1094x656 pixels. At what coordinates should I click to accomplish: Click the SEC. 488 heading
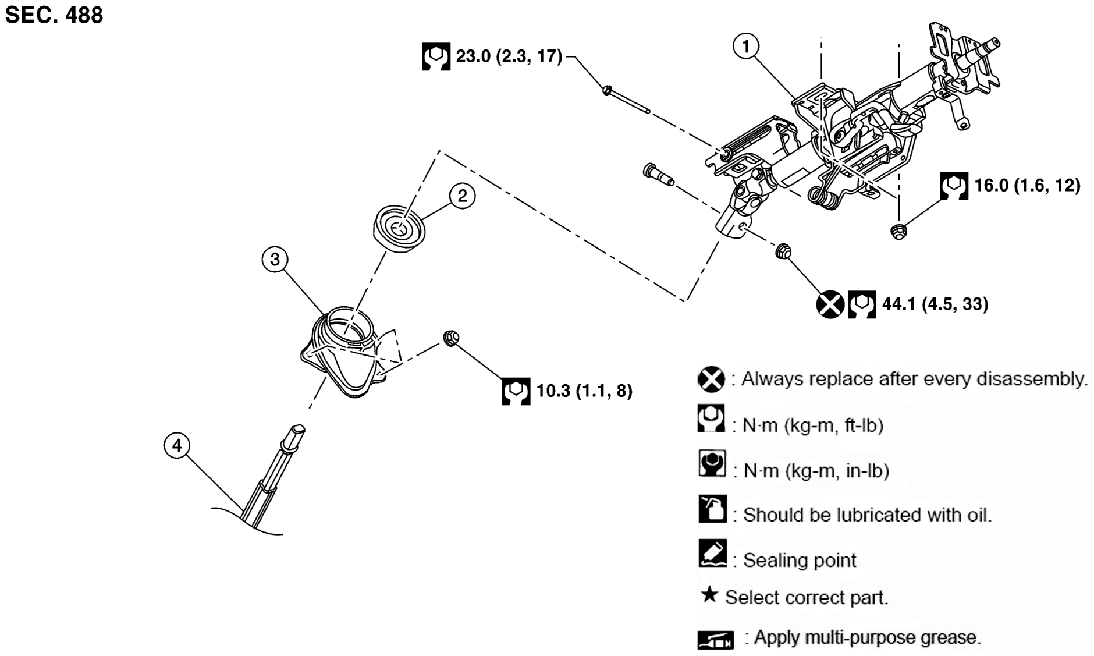pos(54,15)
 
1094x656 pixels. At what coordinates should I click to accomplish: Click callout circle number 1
pos(746,45)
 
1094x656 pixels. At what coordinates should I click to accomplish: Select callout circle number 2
pos(462,196)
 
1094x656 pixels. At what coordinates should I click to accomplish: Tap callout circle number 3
pos(275,259)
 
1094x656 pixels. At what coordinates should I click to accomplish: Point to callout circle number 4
pos(177,446)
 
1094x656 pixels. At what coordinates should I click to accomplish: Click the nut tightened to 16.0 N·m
pos(898,231)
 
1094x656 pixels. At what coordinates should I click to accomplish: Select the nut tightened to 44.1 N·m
pos(783,251)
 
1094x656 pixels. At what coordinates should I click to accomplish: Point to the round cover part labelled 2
pos(399,229)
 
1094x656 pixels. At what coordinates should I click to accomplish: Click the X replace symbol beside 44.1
pos(830,304)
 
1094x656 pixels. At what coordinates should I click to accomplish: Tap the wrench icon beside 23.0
pos(436,56)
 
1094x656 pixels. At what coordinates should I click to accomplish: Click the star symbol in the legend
pos(709,595)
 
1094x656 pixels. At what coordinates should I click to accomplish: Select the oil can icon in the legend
pos(712,509)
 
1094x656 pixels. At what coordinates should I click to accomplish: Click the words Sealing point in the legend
pos(799,560)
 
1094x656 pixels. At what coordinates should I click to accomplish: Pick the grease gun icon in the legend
pos(715,640)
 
